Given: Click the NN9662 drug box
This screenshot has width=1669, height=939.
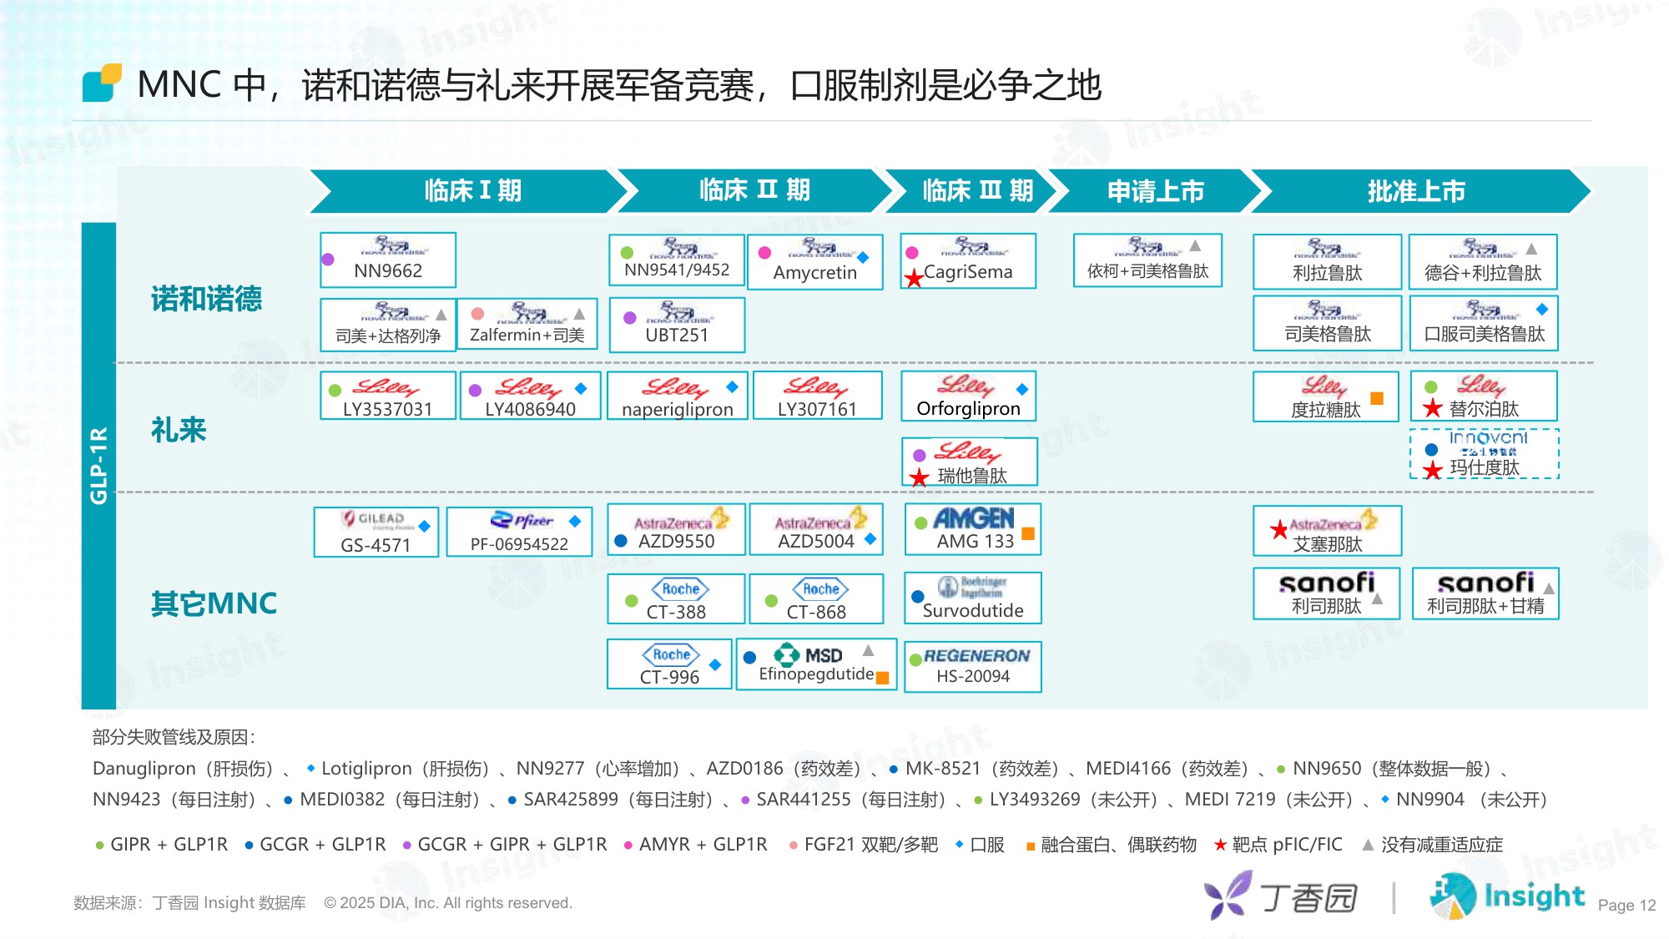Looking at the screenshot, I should coord(388,260).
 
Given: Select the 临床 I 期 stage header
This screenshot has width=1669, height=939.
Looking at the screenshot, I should coord(472,191).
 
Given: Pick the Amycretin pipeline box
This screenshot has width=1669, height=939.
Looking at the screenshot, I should coord(814,262).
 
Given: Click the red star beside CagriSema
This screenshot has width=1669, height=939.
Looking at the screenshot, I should coord(914,278).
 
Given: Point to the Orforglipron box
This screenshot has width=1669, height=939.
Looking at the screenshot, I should coord(968,396).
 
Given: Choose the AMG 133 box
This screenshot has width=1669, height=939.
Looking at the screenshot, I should coord(973,529).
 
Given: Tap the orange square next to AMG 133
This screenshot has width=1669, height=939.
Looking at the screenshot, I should coord(1028,533).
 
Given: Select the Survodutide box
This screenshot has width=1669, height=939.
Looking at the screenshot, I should coord(973,598).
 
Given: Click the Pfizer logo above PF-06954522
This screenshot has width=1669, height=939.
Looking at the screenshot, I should coord(522,520).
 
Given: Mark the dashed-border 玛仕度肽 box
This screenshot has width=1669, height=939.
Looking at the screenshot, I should coord(1484,454).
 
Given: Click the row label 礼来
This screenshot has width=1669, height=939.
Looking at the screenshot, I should coord(179,430).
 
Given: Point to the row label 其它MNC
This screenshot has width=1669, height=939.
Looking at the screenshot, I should coord(214,603).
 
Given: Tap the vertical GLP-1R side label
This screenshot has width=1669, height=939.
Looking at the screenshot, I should coord(98,465).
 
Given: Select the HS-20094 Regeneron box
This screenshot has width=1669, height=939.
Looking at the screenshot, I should coord(973,666).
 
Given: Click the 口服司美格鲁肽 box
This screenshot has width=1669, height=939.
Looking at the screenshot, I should coord(1484,323).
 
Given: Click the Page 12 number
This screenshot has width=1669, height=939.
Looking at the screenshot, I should coord(1626,906).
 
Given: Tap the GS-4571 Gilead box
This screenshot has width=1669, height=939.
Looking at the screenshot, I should coord(376,532).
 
